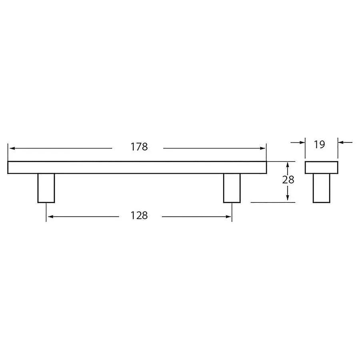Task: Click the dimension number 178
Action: [x=139, y=147]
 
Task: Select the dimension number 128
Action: [x=139, y=216]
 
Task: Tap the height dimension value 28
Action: [x=288, y=180]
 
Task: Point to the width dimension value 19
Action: [x=319, y=144]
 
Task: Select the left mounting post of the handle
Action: [x=46, y=188]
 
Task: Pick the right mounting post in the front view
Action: [x=232, y=188]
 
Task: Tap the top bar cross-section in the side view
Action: [x=321, y=167]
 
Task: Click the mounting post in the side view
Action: [x=321, y=188]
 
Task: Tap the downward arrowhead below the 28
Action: [x=288, y=199]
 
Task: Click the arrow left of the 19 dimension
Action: [x=301, y=142]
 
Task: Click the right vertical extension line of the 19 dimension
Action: [x=338, y=148]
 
